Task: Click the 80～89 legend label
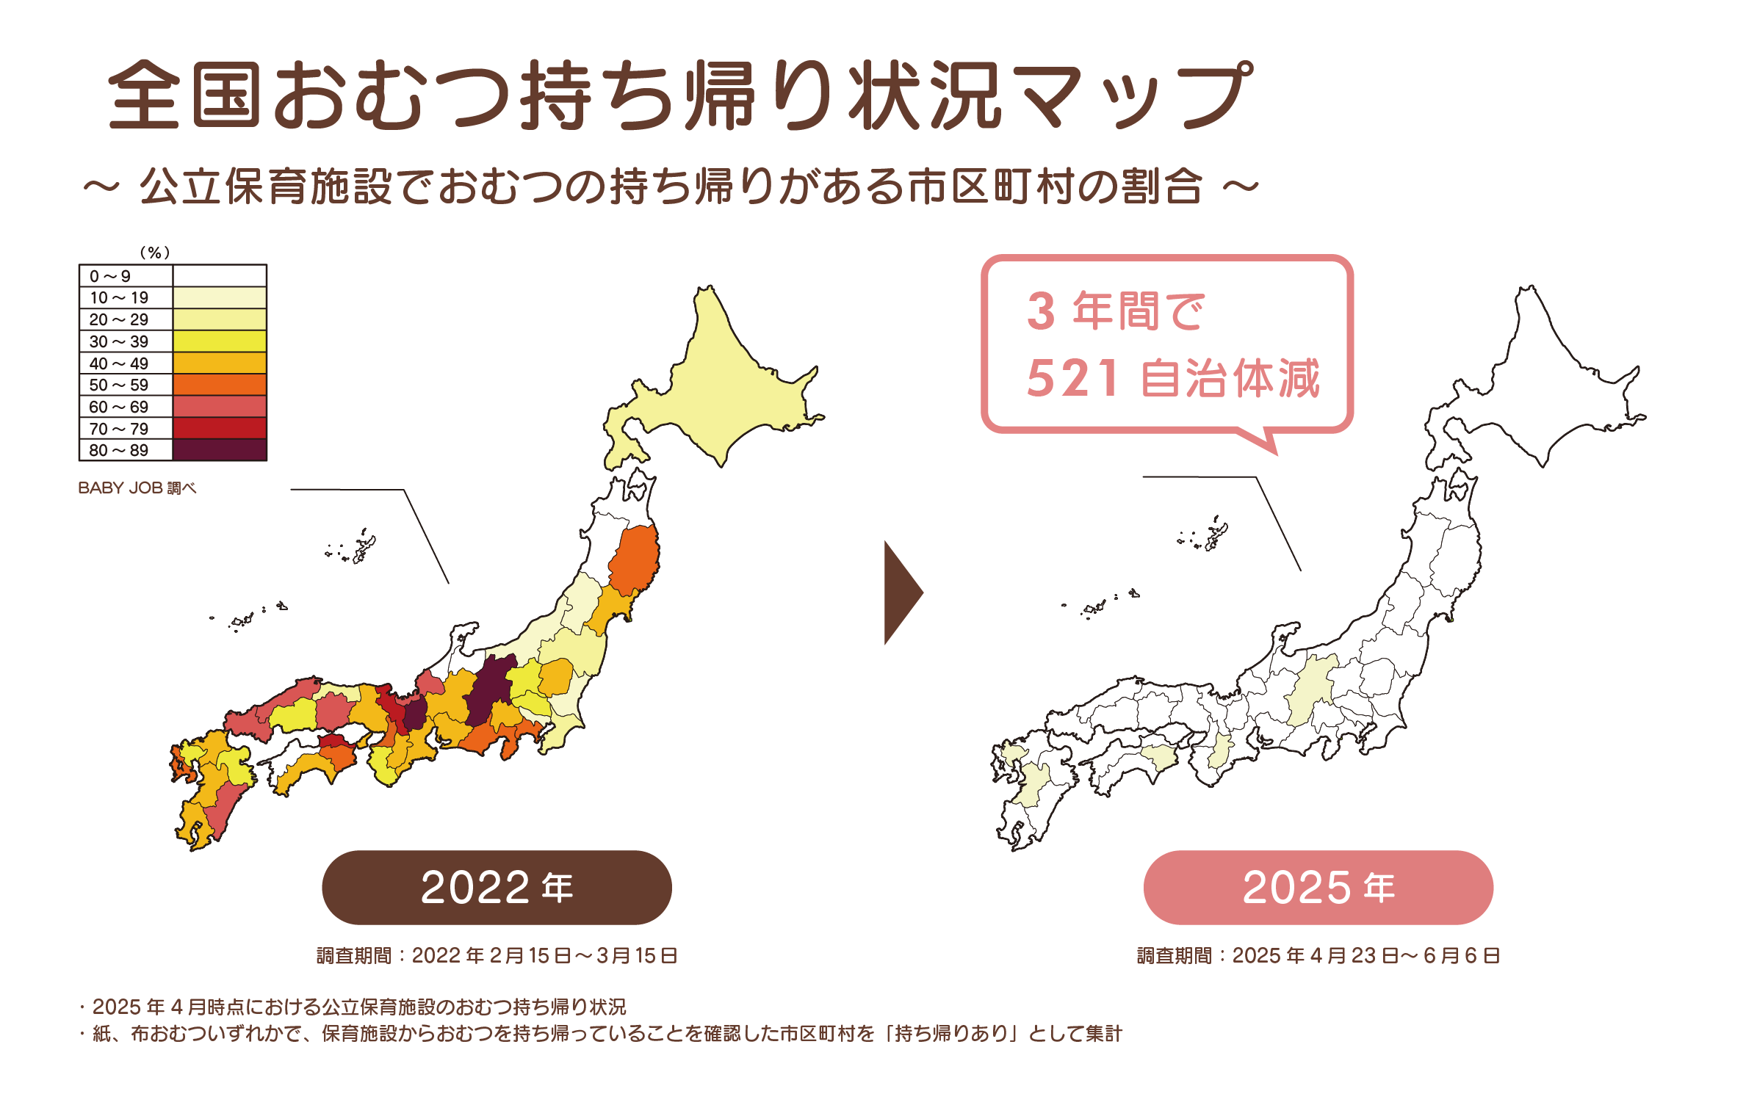click(x=119, y=450)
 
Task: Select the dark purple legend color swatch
click(x=220, y=450)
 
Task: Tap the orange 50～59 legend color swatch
click(x=220, y=385)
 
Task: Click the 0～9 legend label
click(x=110, y=276)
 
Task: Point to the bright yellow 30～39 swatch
click(x=220, y=341)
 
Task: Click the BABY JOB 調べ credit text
click(x=137, y=488)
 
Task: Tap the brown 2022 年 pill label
click(x=497, y=887)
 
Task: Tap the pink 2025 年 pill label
click(x=1318, y=887)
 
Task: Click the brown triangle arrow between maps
click(x=902, y=593)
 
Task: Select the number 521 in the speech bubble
click(x=1073, y=379)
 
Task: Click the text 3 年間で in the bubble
click(x=1116, y=311)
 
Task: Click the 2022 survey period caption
click(x=497, y=955)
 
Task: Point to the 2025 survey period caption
click(x=1318, y=955)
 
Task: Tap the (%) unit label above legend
click(x=155, y=253)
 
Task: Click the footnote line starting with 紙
click(x=601, y=1034)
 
